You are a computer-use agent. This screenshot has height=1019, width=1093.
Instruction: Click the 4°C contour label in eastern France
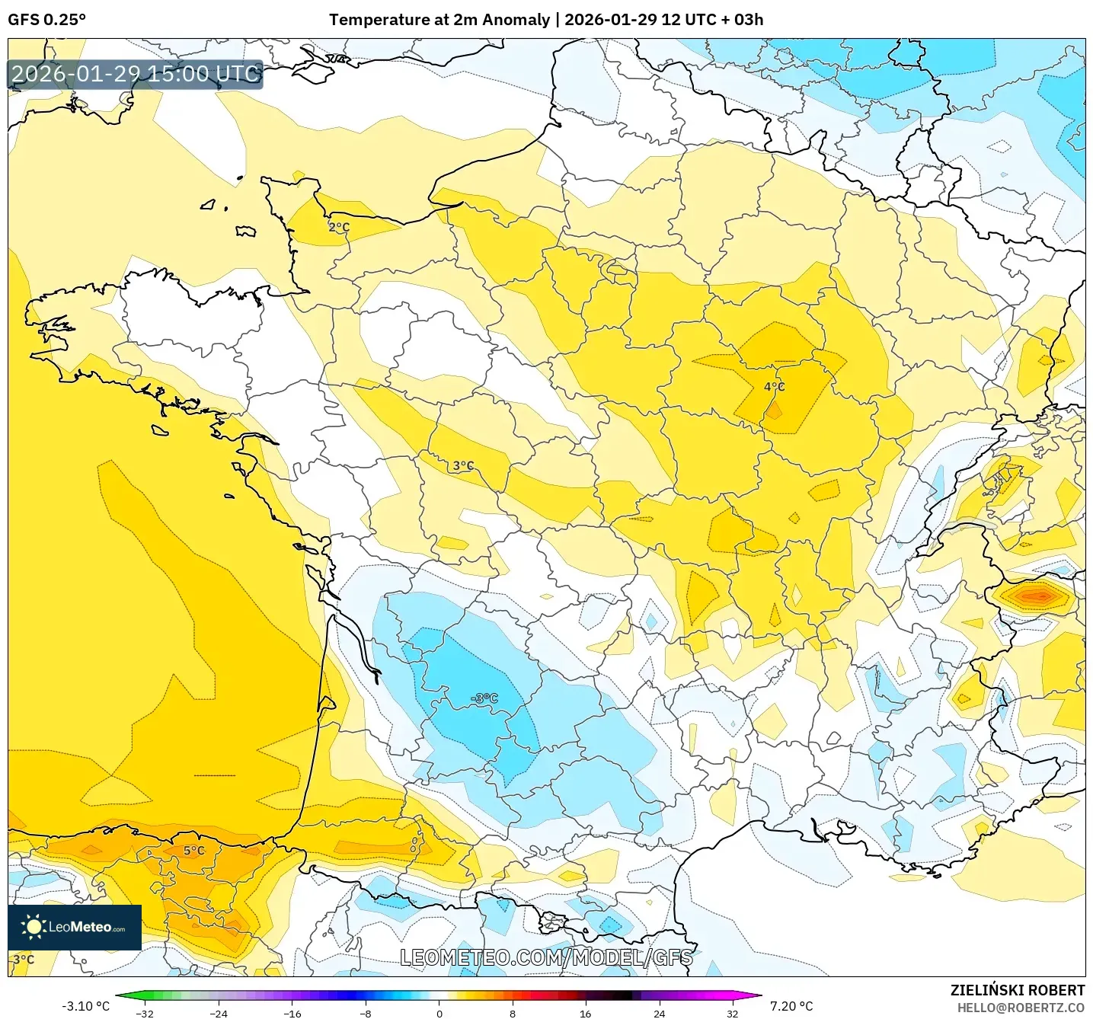(774, 387)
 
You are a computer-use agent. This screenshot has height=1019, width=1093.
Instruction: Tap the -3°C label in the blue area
(484, 698)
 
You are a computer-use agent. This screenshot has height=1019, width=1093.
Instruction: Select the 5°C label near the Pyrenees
(194, 851)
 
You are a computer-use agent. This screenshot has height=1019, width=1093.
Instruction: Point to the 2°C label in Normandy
(339, 227)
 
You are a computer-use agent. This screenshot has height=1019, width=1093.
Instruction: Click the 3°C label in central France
(463, 465)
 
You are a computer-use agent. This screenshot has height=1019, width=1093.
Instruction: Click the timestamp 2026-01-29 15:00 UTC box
(136, 75)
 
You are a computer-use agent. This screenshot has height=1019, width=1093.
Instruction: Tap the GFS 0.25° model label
(46, 20)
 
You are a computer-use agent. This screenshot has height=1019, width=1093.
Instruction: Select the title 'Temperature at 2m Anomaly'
(439, 20)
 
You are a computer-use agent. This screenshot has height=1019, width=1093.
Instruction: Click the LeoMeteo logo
(75, 927)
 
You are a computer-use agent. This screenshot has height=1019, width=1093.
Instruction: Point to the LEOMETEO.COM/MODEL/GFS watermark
(546, 957)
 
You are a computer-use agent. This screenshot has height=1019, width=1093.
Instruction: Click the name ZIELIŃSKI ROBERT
(1017, 990)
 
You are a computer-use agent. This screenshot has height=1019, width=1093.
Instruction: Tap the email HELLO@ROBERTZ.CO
(1020, 1008)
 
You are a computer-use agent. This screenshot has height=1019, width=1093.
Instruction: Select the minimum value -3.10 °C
(85, 1006)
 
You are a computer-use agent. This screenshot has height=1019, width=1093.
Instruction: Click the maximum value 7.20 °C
(791, 1006)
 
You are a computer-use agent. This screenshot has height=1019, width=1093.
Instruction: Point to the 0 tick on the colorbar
(439, 1013)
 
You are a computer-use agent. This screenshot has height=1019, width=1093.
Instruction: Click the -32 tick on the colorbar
(144, 1013)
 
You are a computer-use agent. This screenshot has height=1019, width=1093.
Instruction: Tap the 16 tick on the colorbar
(585, 1013)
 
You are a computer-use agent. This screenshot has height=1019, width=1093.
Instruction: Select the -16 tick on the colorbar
(292, 1013)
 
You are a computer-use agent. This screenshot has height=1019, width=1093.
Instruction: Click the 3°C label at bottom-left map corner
(24, 960)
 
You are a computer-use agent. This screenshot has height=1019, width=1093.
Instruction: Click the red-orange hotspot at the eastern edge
(1036, 595)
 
